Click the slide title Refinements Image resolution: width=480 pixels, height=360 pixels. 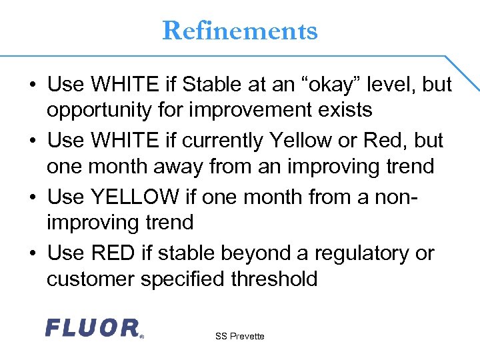pyautogui.click(x=240, y=31)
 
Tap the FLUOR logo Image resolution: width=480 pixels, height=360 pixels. pyautogui.click(x=93, y=328)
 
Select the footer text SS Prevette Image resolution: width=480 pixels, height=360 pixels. pyautogui.click(x=240, y=336)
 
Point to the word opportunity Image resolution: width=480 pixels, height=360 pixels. pyautogui.click(x=105, y=109)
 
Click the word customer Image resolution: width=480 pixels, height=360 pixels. pyautogui.click(x=90, y=278)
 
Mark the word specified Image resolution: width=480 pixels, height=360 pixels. pyautogui.click(x=180, y=278)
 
